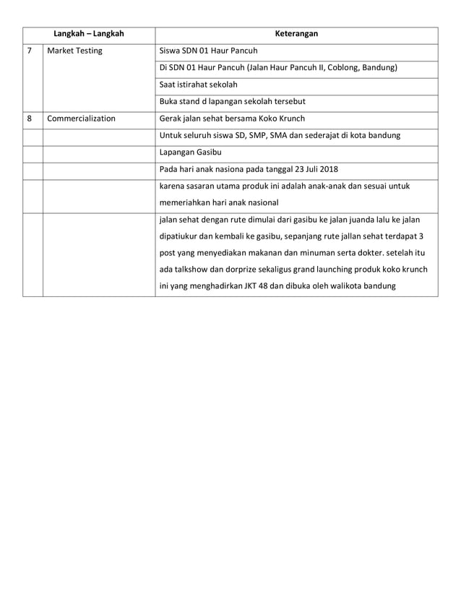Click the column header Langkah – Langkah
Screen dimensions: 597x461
88,34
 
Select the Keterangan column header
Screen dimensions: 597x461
296,34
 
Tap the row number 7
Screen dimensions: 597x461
29,51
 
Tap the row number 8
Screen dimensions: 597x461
29,119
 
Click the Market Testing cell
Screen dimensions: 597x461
74,51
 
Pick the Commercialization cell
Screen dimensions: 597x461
81,119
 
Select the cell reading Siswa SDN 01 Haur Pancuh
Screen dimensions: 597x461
207,51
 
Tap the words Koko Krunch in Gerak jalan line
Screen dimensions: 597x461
282,119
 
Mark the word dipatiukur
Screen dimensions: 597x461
179,236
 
